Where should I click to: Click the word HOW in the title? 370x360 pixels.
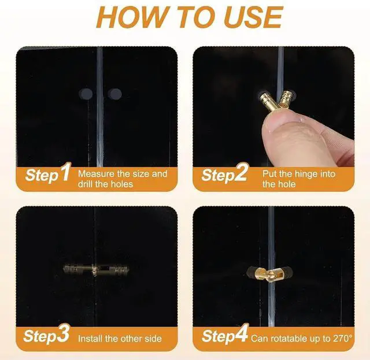[x=131, y=17]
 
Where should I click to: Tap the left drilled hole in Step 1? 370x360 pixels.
[x=86, y=94]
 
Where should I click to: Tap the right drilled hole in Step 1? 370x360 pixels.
[x=115, y=94]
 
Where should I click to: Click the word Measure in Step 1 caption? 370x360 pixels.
[x=96, y=174]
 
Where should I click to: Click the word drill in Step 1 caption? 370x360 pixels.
[x=85, y=184]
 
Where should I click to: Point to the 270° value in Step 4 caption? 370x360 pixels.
[x=342, y=339]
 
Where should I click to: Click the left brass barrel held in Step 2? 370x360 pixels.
[x=268, y=101]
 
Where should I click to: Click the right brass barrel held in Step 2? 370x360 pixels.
[x=285, y=100]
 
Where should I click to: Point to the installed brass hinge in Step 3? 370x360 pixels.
[x=96, y=270]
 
